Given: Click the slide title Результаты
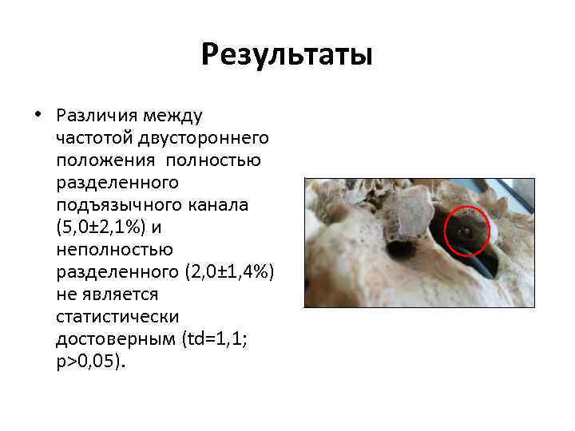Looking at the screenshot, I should pyautogui.click(x=287, y=55).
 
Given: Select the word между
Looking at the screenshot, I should pyautogui.click(x=176, y=117).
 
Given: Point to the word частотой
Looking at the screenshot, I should pyautogui.click(x=95, y=139).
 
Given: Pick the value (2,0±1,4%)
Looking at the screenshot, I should pyautogui.click(x=229, y=272).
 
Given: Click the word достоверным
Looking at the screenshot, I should pyautogui.click(x=113, y=339).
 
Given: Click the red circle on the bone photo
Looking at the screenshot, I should pyautogui.click(x=465, y=231).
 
